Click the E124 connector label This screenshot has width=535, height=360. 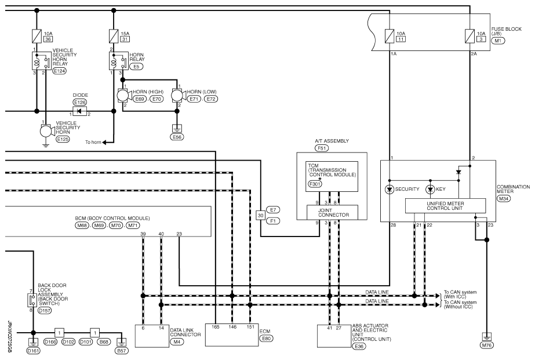[x=60, y=71]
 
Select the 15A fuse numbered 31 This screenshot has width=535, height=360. [x=114, y=36]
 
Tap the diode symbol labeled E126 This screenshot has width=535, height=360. [x=80, y=111]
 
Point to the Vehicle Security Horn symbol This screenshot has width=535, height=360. [x=46, y=131]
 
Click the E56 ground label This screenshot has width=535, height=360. [x=177, y=137]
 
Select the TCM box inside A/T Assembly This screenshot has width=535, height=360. [x=332, y=176]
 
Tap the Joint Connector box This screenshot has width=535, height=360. [x=333, y=213]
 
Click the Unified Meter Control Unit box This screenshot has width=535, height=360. [x=445, y=206]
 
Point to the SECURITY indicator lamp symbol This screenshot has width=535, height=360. [x=390, y=189]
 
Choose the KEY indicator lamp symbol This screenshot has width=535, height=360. [x=430, y=189]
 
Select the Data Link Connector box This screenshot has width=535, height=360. [x=152, y=336]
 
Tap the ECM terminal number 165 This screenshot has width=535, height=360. [x=215, y=327]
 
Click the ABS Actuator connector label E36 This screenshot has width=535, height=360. [x=359, y=346]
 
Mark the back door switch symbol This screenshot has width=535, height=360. [x=32, y=300]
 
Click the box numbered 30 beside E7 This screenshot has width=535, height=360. [x=261, y=215]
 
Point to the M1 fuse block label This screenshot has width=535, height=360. [x=498, y=41]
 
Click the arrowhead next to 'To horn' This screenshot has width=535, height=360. [x=104, y=142]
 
